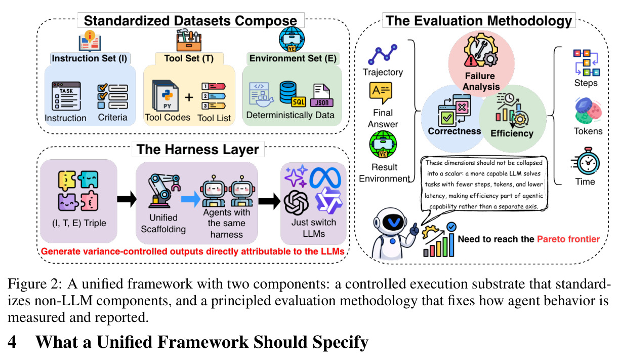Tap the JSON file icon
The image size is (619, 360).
322,95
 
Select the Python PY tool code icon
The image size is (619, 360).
166,95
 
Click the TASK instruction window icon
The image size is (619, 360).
66,96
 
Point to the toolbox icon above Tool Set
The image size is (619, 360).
189,41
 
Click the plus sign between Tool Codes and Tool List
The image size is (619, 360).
189,97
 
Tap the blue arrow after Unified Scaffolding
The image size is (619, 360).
190,199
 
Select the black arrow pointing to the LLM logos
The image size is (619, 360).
269,201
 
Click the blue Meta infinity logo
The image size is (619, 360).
325,178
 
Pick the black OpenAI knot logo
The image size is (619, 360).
296,203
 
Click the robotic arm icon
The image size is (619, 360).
164,191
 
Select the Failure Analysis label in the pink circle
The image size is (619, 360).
481,81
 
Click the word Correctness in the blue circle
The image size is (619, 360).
455,131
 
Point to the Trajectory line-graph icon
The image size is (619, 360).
383,54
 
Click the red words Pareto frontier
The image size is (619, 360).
568,239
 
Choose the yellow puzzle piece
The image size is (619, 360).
67,181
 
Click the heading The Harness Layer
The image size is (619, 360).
197,150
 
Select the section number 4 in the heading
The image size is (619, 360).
12,342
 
